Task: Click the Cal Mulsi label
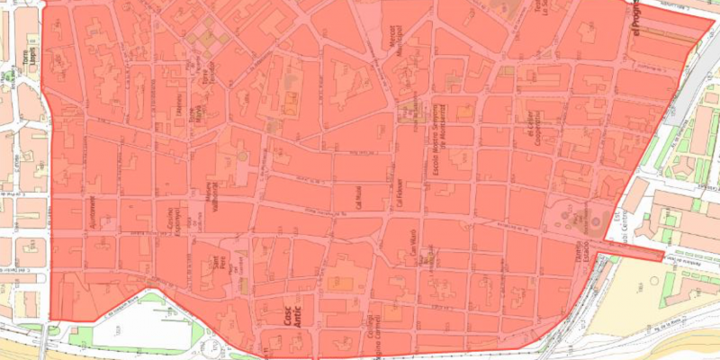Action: coord(356,195)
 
